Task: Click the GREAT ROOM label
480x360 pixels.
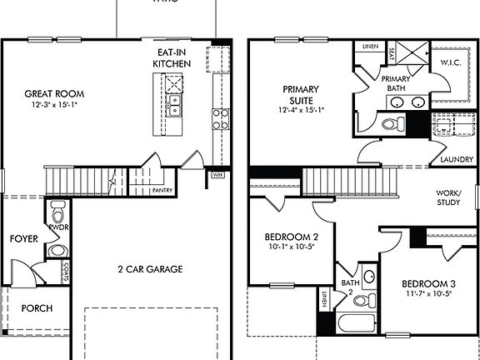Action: pos(55,93)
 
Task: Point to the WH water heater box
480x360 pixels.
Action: pos(217,175)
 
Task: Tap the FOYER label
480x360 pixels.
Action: pos(23,239)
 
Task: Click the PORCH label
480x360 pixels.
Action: pos(37,308)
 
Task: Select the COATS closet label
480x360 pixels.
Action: pos(66,271)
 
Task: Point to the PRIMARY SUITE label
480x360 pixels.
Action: pos(301,94)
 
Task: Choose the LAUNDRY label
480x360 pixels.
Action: pos(457,160)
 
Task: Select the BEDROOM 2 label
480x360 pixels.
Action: pos(291,236)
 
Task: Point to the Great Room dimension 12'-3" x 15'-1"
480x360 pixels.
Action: pos(55,107)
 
